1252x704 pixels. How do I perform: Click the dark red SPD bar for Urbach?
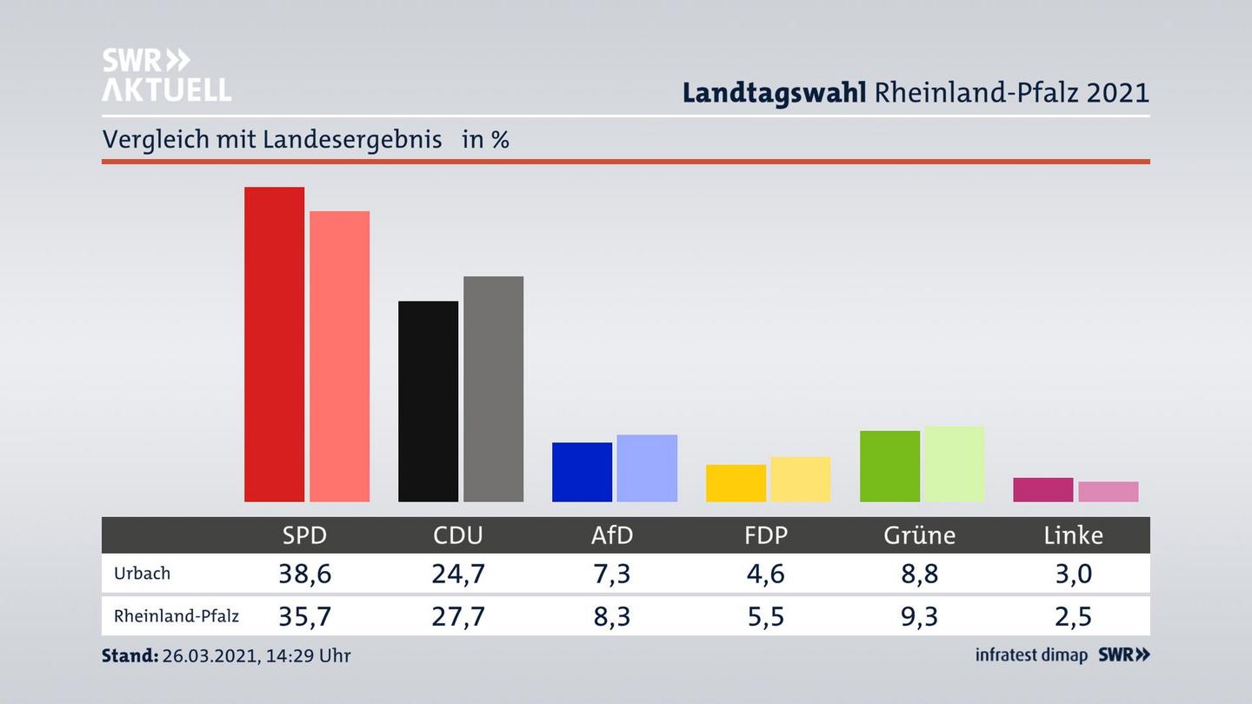tap(274, 344)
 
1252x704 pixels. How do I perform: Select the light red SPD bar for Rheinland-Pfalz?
tap(339, 356)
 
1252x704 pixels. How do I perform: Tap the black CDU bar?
tap(428, 401)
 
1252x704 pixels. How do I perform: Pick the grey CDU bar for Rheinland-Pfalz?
tap(493, 389)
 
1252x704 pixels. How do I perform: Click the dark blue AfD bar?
tap(582, 472)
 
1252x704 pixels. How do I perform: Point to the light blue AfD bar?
tap(647, 468)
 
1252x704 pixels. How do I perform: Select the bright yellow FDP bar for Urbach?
tap(736, 483)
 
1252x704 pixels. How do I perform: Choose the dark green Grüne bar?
tap(889, 466)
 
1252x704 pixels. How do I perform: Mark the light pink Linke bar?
tap(1108, 492)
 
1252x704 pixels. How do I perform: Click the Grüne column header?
tap(919, 535)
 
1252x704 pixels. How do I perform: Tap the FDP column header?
tap(766, 535)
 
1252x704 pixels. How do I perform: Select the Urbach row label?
tap(142, 574)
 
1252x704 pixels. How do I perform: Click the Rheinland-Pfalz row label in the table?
tap(176, 616)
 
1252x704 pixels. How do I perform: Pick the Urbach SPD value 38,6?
tap(304, 574)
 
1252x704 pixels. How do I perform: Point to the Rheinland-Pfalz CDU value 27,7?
tap(458, 616)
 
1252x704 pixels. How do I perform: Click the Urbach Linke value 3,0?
tap(1073, 574)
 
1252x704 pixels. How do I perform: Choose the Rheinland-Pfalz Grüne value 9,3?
tap(919, 616)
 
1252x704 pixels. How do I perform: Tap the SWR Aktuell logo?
tap(166, 75)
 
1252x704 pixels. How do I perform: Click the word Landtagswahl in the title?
tap(773, 92)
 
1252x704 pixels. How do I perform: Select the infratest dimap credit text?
tap(1031, 655)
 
